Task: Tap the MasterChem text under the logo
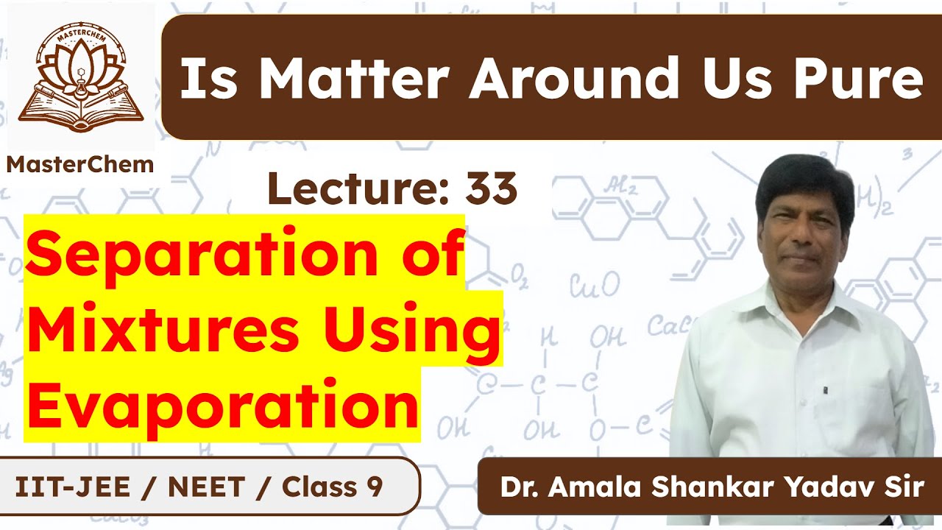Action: tap(79, 164)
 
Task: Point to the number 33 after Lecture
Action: tap(491, 189)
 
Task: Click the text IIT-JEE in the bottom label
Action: tap(63, 487)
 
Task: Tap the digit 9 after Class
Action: tap(372, 487)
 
